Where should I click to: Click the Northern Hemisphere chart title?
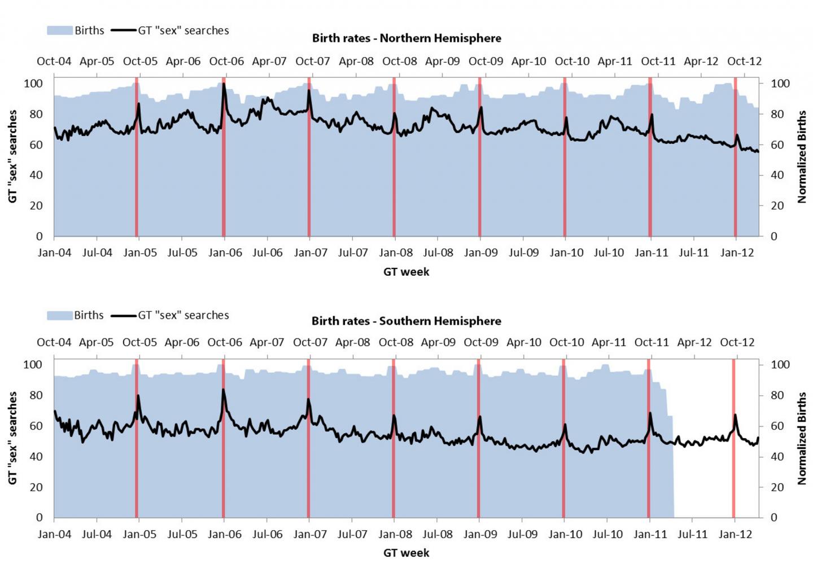pos(406,38)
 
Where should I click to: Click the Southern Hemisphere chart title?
pos(406,321)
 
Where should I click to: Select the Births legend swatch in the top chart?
pos(59,30)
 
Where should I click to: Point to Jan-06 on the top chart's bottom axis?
pos(225,253)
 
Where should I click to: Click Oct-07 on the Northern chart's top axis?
pos(312,61)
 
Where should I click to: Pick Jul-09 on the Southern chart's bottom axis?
pos(523,534)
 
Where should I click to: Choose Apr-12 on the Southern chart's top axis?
pos(694,342)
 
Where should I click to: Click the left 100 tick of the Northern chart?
pos(33,83)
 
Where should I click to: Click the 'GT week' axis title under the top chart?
pos(406,272)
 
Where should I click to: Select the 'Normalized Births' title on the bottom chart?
pos(802,438)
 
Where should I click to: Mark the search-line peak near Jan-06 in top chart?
pos(224,85)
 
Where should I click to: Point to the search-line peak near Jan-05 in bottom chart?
pos(138,396)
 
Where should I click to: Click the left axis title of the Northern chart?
pos(12,156)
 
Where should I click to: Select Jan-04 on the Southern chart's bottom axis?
pos(54,534)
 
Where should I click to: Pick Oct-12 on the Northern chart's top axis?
pos(744,61)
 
